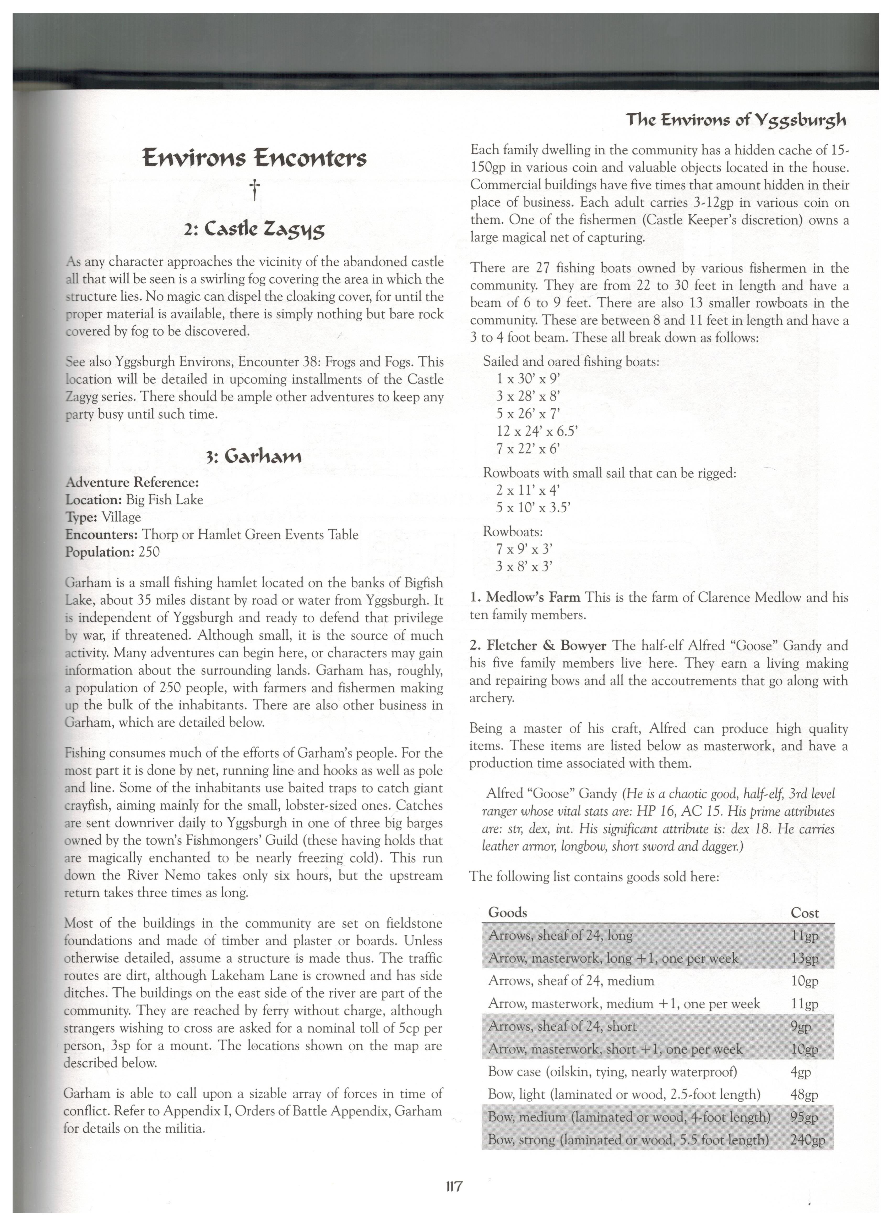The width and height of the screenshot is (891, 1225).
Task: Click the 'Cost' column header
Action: point(805,913)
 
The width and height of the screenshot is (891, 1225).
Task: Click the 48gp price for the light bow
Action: point(804,1094)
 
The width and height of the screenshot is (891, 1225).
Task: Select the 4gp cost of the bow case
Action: point(800,1072)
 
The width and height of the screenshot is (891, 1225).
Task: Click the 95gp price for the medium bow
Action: point(804,1117)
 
